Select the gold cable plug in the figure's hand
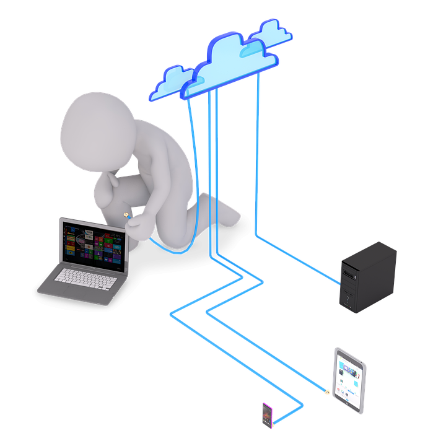pyautogui.click(x=126, y=216)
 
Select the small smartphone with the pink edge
pyautogui.click(x=267, y=415)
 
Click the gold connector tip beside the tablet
pyautogui.click(x=326, y=391)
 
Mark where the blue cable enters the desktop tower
pyautogui.click(x=340, y=284)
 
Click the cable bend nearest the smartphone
pyautogui.click(x=302, y=406)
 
